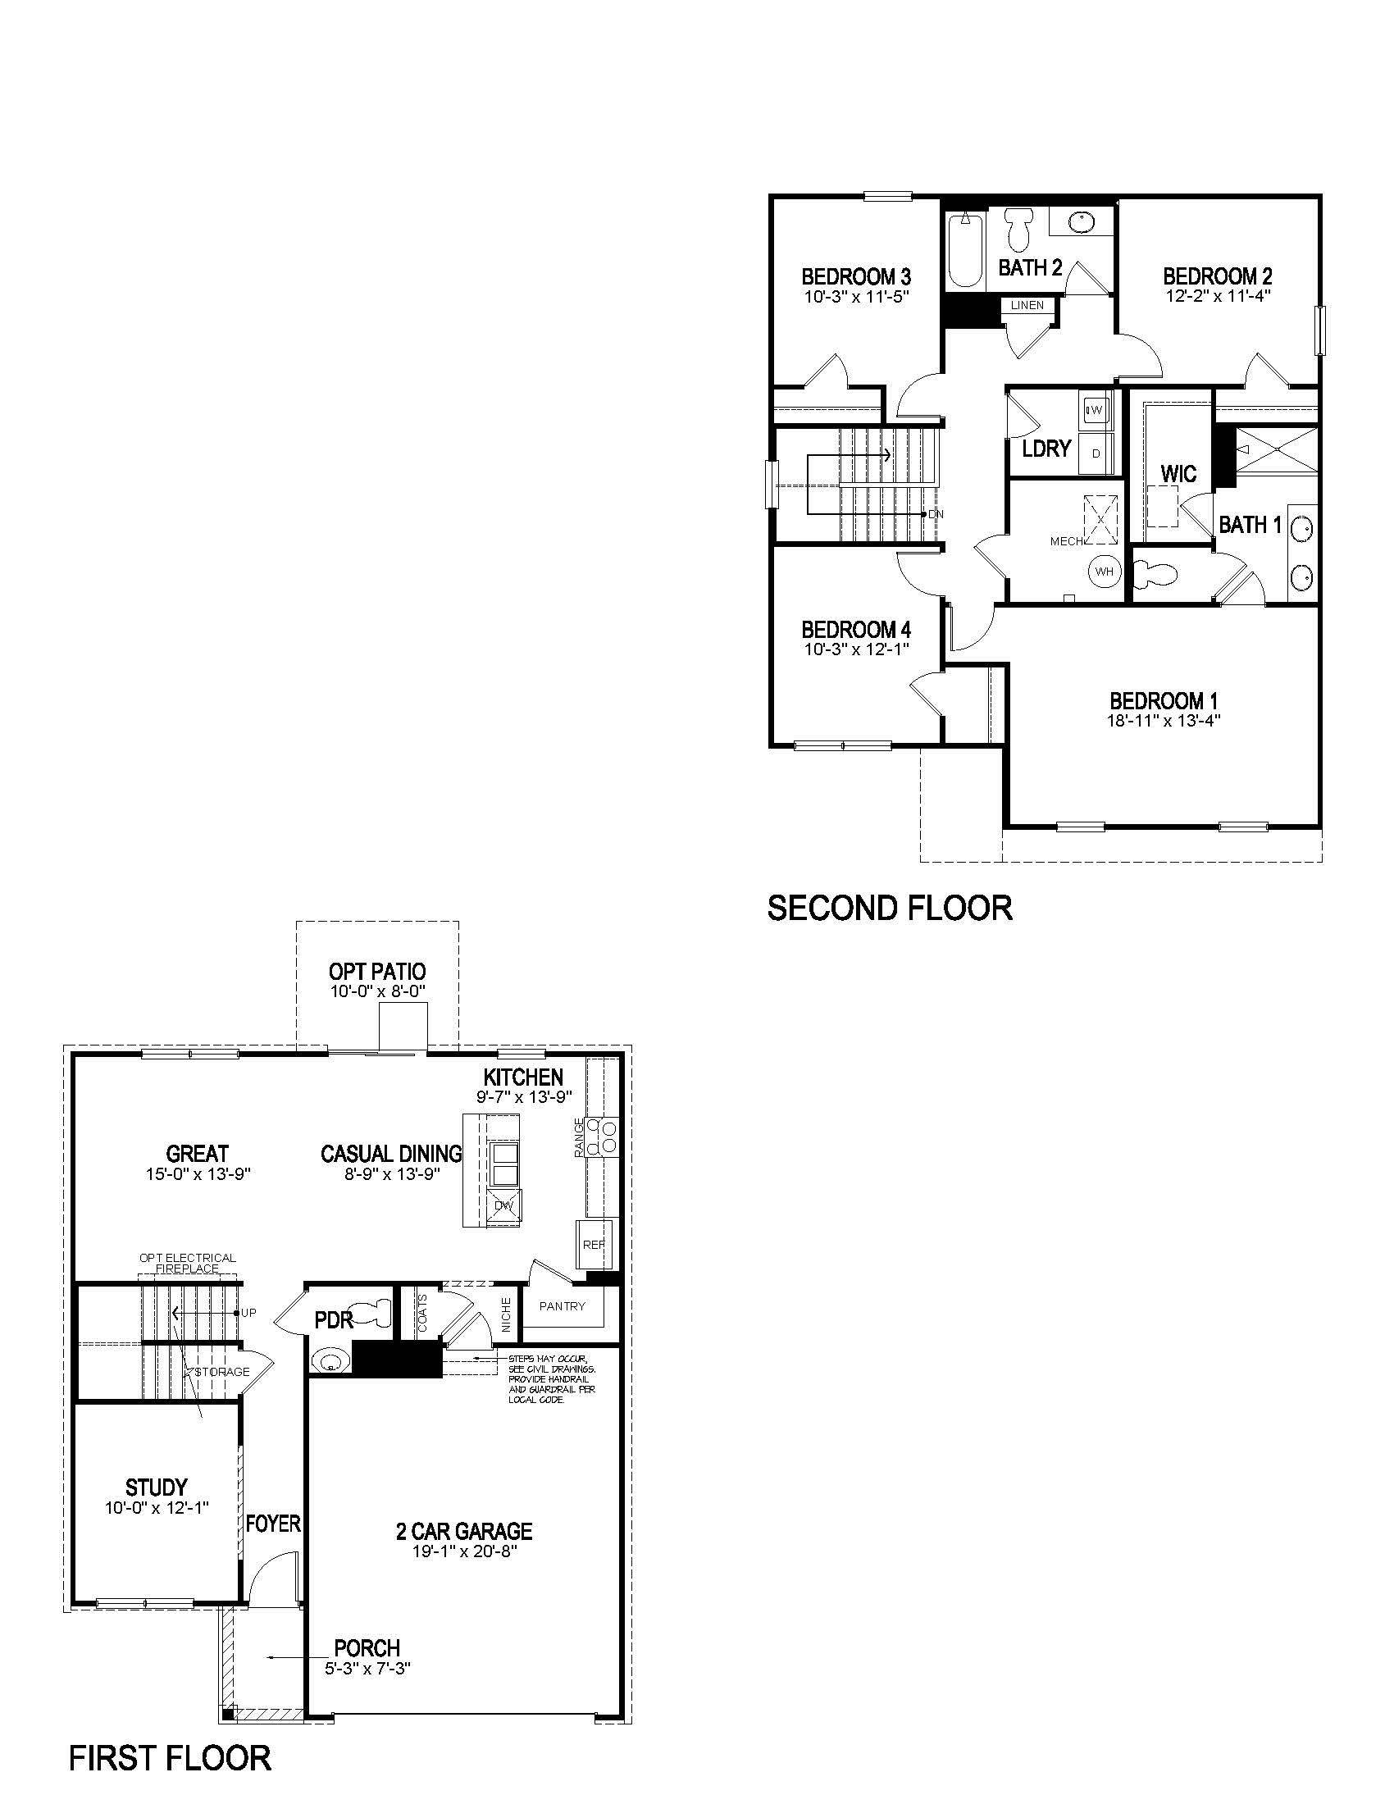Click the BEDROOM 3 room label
click(x=856, y=276)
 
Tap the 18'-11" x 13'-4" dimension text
click(x=1163, y=720)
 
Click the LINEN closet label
click(x=1027, y=305)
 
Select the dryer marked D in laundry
click(x=1096, y=453)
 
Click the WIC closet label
click(x=1178, y=474)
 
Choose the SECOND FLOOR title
click(x=890, y=908)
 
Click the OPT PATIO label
click(x=377, y=972)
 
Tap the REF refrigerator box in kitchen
click(x=594, y=1245)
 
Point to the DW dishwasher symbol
click(x=503, y=1205)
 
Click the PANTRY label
click(x=562, y=1306)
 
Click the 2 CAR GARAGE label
click(x=464, y=1531)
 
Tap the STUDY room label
click(x=156, y=1487)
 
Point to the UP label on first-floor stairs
click(x=248, y=1313)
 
